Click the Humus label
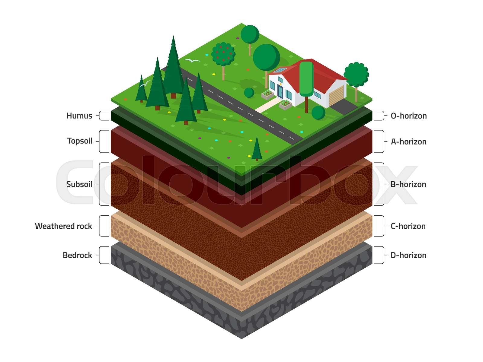tap(79, 116)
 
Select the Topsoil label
tap(80, 141)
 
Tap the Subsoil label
tap(79, 184)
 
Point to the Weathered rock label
tap(63, 226)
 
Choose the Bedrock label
tap(77, 255)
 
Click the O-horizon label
tap(409, 116)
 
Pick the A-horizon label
tap(409, 142)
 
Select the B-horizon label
tap(408, 184)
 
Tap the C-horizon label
tap(408, 226)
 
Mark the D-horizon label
tap(408, 255)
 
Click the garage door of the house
tap(336, 96)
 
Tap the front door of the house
tap(280, 92)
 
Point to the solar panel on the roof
tap(280, 70)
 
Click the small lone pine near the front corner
tap(257, 149)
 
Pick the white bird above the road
tap(192, 60)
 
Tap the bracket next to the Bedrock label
tap(104, 255)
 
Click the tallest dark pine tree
tap(173, 67)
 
